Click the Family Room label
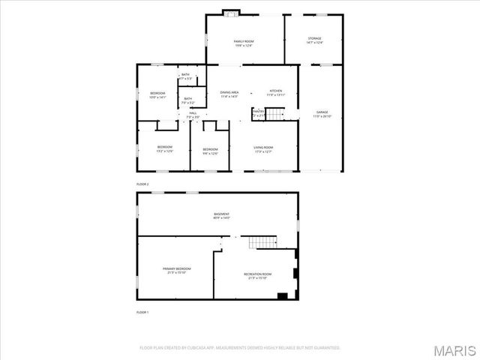[x=244, y=43]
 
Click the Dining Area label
[x=229, y=94]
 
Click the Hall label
[x=193, y=115]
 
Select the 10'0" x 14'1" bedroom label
[x=157, y=95]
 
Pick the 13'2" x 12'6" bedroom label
[x=164, y=148]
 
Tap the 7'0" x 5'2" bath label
[x=187, y=100]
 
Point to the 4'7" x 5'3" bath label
[x=185, y=76]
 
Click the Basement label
[x=221, y=216]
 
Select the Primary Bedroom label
[x=177, y=270]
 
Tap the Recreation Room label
[x=257, y=276]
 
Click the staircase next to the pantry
[x=277, y=114]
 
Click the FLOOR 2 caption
[x=142, y=184]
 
